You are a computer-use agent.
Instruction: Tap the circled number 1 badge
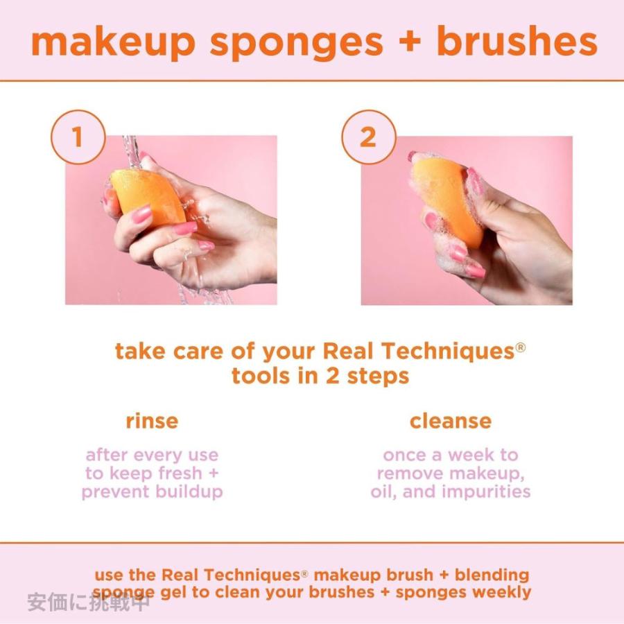[78, 137]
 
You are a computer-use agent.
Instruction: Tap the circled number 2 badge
[367, 137]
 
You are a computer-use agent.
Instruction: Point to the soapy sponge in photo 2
[451, 201]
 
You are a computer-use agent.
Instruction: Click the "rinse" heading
[152, 421]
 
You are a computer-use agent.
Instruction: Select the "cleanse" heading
[450, 421]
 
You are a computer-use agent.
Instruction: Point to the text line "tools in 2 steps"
[320, 376]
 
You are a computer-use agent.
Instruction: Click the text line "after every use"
[152, 456]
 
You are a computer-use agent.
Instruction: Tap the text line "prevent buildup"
[152, 492]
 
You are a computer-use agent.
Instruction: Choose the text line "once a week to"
[450, 456]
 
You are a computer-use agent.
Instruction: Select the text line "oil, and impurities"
[450, 492]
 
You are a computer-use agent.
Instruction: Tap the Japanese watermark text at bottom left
[88, 602]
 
